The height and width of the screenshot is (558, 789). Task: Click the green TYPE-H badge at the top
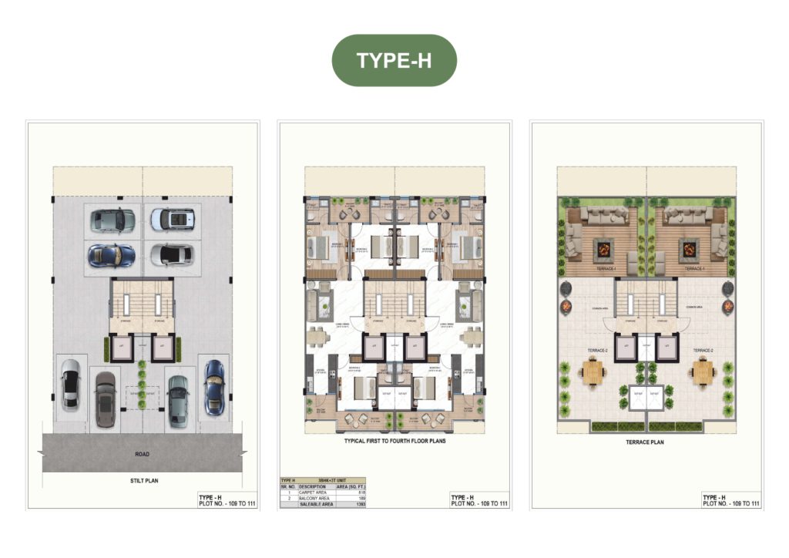click(x=394, y=60)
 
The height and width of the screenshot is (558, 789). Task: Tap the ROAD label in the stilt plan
click(x=141, y=454)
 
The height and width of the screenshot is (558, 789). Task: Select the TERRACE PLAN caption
click(x=646, y=442)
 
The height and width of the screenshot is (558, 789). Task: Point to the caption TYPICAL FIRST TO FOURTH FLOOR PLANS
click(x=394, y=442)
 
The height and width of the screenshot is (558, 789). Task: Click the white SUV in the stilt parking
click(x=172, y=219)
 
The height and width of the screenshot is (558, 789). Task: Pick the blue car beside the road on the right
click(x=214, y=387)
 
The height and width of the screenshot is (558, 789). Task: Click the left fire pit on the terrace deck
click(x=603, y=249)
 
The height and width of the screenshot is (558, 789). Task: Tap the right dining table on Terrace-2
click(x=702, y=373)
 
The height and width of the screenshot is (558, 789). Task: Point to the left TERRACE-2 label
click(x=590, y=351)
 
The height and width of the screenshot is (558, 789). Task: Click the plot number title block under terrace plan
click(x=730, y=501)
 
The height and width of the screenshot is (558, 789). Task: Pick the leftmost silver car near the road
click(x=70, y=385)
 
